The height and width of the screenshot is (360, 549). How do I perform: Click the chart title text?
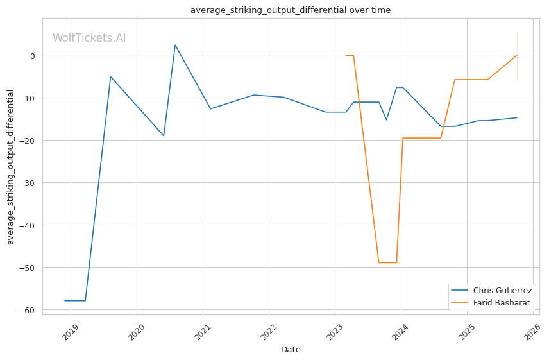[x=290, y=10]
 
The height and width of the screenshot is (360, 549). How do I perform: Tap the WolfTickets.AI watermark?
[x=89, y=38]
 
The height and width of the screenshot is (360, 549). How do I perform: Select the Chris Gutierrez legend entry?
[x=502, y=291]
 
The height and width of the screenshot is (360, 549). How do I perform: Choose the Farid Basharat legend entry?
[x=502, y=302]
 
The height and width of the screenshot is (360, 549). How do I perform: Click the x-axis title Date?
[x=291, y=350]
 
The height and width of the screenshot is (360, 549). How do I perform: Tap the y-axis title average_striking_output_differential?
[x=10, y=167]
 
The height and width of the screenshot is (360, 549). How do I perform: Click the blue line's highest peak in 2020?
[x=175, y=45]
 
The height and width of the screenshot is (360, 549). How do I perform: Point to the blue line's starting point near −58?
[x=65, y=300]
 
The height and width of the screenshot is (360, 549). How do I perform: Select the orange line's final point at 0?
[x=517, y=55]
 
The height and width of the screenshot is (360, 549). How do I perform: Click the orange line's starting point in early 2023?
[x=346, y=56]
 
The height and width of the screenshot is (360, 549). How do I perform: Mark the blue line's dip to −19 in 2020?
[x=164, y=136]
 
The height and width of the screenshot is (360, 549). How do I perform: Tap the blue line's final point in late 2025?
[x=517, y=117]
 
